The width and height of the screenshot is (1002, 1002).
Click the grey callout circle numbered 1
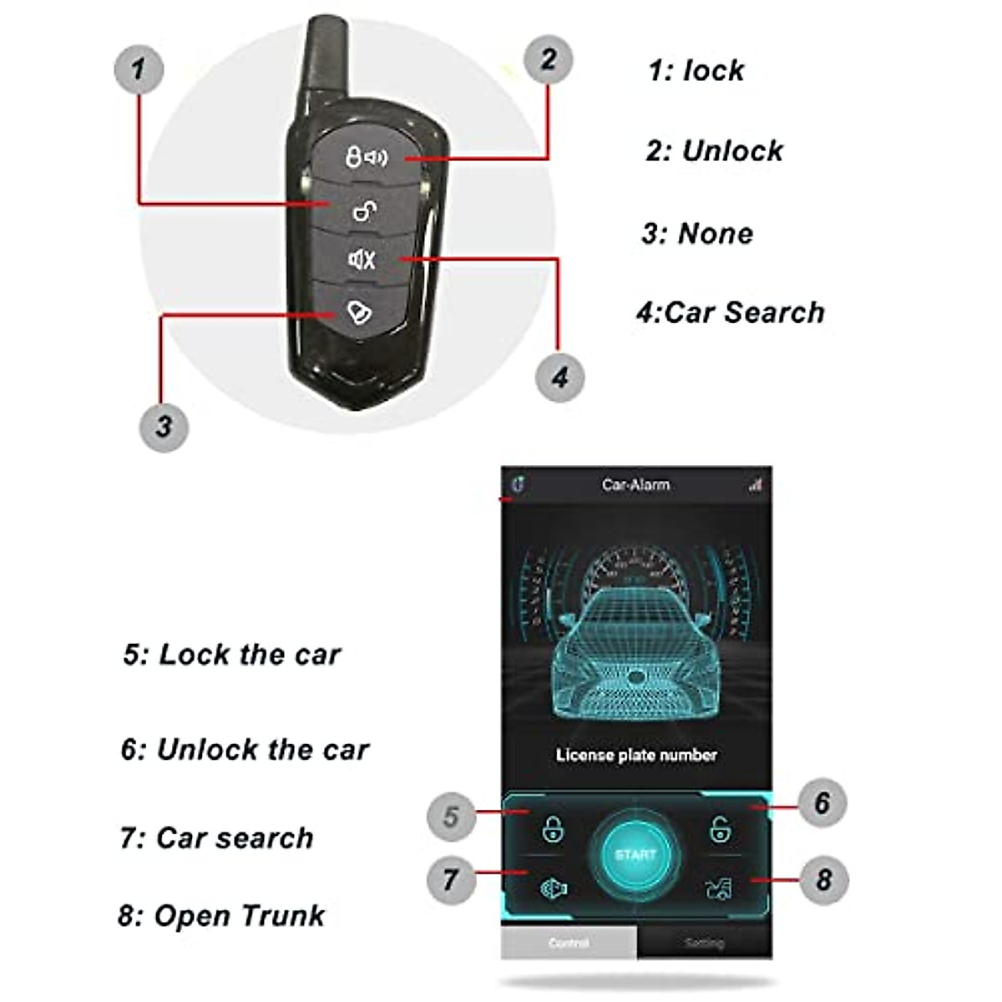click(138, 68)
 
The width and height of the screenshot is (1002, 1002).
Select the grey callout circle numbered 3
click(164, 426)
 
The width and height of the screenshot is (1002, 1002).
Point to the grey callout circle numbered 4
click(559, 377)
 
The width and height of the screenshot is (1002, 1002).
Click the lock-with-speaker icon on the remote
click(367, 156)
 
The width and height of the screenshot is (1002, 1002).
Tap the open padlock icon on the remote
click(363, 211)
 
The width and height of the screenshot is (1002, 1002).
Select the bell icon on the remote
click(360, 312)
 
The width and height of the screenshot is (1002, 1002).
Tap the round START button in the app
click(635, 854)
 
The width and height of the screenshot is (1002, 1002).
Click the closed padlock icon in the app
click(553, 829)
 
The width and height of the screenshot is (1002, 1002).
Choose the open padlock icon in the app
click(718, 829)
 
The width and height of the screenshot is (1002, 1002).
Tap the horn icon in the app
click(553, 888)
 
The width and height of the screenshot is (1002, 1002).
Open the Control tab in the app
click(569, 943)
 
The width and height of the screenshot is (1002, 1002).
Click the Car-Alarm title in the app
click(635, 484)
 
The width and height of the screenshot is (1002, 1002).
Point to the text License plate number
click(636, 755)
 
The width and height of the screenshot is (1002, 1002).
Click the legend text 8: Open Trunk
click(221, 916)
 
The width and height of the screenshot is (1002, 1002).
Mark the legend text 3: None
click(697, 234)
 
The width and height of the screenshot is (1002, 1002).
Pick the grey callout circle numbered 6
click(822, 802)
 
